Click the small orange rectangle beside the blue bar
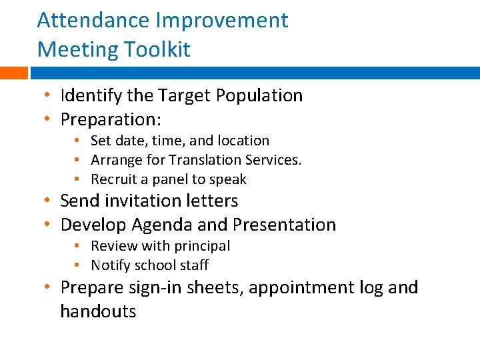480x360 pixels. coord(13,73)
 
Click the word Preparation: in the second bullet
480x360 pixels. coord(111,120)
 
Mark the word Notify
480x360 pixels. coord(110,265)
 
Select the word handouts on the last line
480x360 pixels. coord(98,311)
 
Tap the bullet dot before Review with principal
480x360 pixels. coord(78,246)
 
